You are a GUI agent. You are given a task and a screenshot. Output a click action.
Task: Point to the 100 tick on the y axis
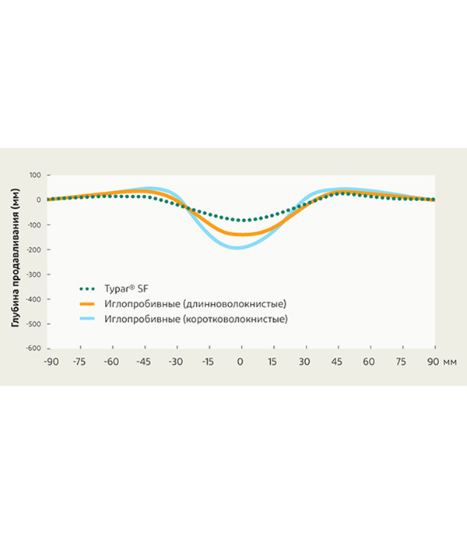34,175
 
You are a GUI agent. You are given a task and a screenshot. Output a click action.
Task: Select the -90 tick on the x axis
51,362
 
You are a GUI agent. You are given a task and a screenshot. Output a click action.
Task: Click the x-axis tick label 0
241,362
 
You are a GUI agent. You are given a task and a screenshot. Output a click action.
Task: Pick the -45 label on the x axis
144,362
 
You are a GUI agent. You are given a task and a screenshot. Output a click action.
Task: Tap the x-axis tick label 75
402,362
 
